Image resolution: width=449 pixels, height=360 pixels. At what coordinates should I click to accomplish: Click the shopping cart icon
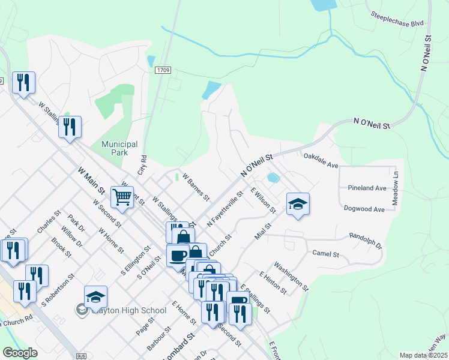122,196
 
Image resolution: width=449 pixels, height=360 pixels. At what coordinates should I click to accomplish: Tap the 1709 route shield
163,70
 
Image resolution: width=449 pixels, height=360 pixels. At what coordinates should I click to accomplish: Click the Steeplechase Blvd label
397,18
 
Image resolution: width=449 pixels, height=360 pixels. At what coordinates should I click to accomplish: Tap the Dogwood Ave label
364,209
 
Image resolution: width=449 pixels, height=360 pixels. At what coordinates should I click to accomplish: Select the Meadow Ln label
396,189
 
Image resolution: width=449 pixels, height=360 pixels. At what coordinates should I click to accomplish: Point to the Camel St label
327,254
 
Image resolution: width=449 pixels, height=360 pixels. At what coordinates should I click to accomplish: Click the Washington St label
291,276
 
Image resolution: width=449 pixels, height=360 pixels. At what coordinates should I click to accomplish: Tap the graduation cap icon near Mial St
298,204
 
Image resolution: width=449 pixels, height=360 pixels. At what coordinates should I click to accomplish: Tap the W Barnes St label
196,187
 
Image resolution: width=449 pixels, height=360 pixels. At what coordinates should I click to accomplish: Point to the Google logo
20,353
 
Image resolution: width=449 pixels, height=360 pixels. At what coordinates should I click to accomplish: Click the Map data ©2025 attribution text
423,355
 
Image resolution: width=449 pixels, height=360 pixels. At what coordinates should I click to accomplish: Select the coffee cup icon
178,255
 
